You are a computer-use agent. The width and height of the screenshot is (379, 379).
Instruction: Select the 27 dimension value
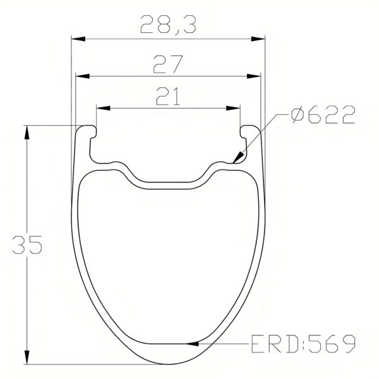point(167,64)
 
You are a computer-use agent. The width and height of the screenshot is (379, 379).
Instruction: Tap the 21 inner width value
point(167,96)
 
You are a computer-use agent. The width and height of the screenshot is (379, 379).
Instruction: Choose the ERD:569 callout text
point(301,344)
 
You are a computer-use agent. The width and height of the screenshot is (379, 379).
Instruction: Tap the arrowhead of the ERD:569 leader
point(197,344)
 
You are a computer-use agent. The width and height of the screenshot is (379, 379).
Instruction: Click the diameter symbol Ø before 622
point(299,114)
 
